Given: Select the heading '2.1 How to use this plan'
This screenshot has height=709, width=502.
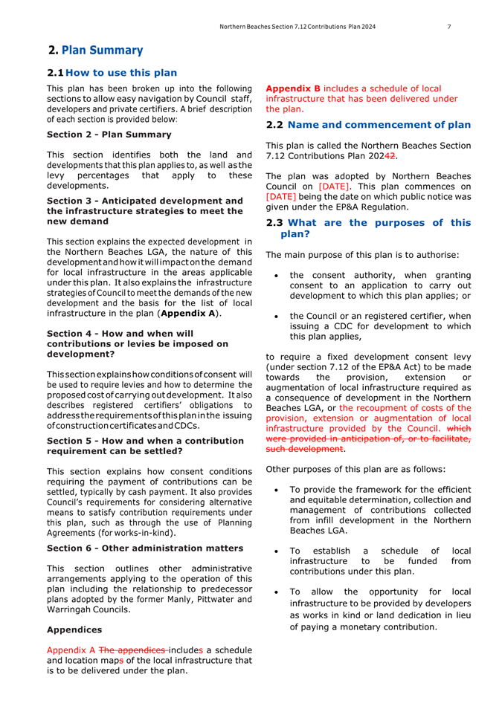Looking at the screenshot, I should click(x=112, y=73).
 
